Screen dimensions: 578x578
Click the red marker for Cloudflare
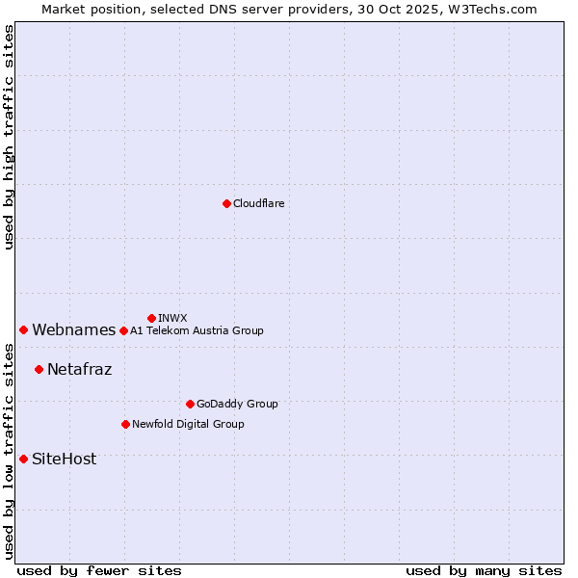click(x=226, y=203)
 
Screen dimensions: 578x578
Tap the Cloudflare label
click(x=258, y=204)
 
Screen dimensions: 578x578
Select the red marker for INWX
click(x=151, y=318)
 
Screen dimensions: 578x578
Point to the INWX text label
click(x=172, y=319)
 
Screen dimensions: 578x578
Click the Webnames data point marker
click(x=23, y=330)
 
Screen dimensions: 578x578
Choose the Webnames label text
click(x=73, y=330)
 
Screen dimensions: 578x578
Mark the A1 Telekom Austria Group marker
click(x=123, y=330)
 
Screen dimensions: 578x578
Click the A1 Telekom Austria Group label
click(x=197, y=331)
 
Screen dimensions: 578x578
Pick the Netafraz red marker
click(x=39, y=369)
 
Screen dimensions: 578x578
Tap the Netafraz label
click(x=79, y=369)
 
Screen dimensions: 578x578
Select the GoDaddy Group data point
click(x=190, y=404)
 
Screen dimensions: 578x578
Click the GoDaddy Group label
click(x=236, y=405)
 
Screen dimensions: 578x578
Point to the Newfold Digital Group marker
click(x=125, y=424)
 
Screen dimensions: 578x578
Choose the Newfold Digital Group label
click(x=188, y=425)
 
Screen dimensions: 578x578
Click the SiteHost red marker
click(x=23, y=459)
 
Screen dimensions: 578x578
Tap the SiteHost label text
click(x=64, y=460)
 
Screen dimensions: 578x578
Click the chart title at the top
click(x=289, y=9)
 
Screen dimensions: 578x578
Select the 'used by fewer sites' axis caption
click(x=99, y=570)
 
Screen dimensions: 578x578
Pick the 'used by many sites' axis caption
click(x=484, y=570)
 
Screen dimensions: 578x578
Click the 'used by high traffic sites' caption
click(x=9, y=137)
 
